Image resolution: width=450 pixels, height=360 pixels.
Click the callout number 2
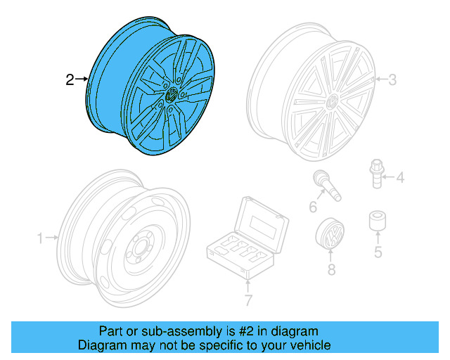pos(70,80)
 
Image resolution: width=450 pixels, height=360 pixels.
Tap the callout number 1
pos(41,238)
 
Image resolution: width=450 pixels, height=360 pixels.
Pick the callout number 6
pos(313,207)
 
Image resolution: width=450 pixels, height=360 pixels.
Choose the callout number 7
pos(247,302)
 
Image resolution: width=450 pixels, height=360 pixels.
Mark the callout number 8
pos(331,269)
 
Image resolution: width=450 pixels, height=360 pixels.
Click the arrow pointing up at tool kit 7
pos(247,285)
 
